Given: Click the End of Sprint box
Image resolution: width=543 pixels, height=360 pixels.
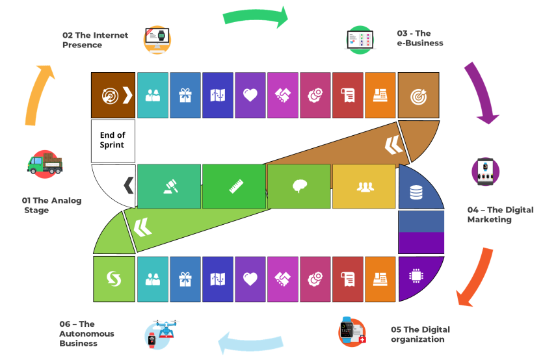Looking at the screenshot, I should click(x=113, y=140).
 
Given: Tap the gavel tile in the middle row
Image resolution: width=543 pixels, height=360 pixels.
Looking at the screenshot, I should click(x=169, y=186).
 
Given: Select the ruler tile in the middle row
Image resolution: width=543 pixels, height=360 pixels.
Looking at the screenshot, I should click(x=234, y=186).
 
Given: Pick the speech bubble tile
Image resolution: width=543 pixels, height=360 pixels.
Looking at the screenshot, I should click(x=299, y=186).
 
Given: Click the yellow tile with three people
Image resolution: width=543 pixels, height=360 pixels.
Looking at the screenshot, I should click(x=364, y=186).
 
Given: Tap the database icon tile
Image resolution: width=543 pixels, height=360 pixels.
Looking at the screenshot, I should click(x=416, y=192).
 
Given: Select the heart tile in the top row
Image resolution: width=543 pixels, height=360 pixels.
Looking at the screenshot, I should click(x=250, y=96).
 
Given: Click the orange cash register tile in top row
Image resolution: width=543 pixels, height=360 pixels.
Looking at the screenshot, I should click(x=380, y=96).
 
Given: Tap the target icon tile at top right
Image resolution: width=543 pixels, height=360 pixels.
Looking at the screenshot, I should click(x=418, y=96).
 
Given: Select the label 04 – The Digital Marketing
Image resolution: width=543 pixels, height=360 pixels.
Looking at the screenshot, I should click(x=500, y=214).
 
